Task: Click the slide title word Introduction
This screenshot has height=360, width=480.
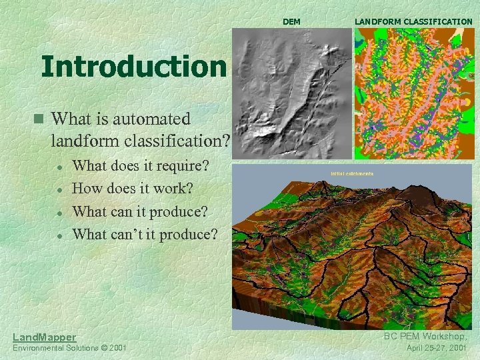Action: [x=133, y=67]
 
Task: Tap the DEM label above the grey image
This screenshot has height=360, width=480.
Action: [x=291, y=22]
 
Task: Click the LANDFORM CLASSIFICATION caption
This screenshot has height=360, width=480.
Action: [x=413, y=22]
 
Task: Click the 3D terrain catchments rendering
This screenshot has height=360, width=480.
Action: [x=353, y=247]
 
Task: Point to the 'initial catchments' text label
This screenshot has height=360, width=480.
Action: [x=352, y=174]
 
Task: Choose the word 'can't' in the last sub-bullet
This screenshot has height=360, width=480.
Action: [x=131, y=234]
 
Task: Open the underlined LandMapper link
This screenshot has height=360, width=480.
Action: [x=45, y=337]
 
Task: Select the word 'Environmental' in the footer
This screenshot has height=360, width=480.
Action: [x=36, y=348]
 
